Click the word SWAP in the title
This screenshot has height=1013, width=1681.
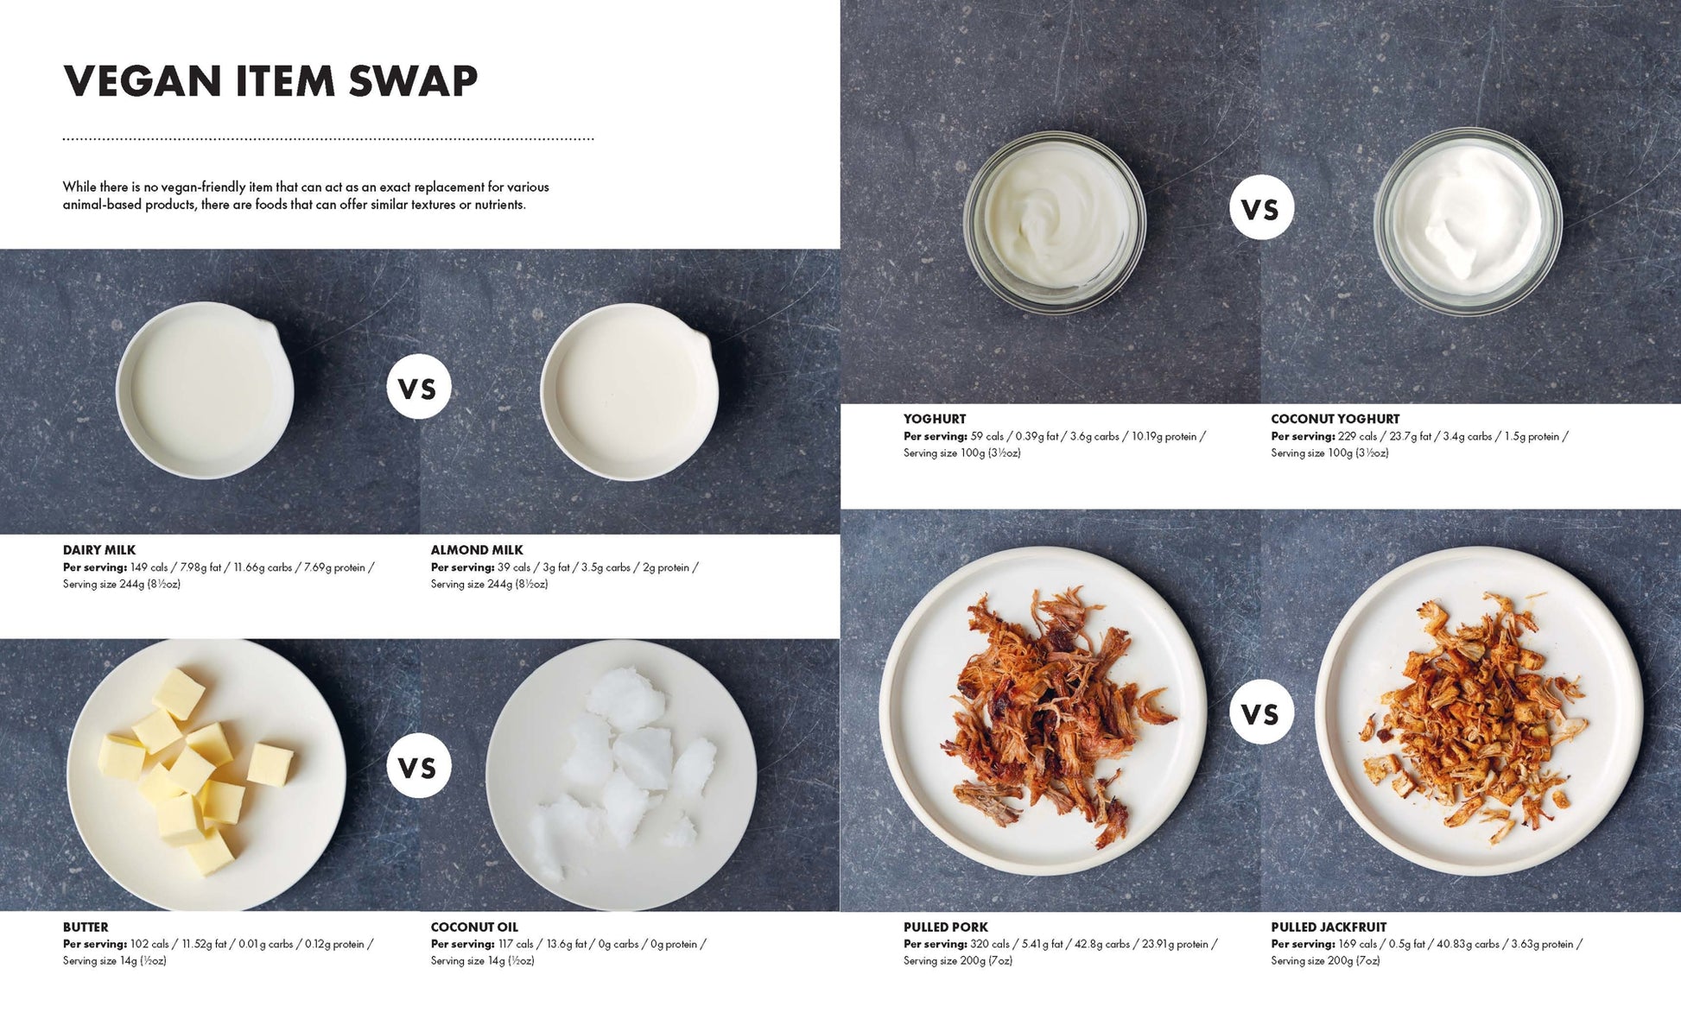coord(413,81)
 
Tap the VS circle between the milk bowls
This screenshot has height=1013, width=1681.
coord(419,387)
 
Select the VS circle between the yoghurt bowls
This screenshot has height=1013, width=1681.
coord(1261,207)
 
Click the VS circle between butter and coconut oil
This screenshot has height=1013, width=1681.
coord(419,766)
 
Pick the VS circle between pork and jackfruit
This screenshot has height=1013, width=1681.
coord(1261,712)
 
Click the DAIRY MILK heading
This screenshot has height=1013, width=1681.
coord(99,550)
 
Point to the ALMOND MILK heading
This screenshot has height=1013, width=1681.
coord(477,550)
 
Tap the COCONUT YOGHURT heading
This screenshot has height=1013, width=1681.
coord(1335,419)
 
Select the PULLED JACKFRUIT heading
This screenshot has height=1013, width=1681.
coord(1329,928)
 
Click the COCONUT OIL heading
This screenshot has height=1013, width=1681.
coord(474,928)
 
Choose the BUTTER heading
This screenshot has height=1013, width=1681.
coord(86,928)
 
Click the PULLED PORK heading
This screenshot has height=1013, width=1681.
coord(946,928)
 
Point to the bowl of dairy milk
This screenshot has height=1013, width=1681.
coord(205,390)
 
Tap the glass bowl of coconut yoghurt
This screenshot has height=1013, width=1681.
coord(1468,221)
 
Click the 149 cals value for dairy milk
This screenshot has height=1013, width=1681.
coord(149,567)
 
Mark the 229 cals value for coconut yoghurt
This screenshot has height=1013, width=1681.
coord(1357,436)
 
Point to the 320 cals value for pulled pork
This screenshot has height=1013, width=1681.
coord(990,944)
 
